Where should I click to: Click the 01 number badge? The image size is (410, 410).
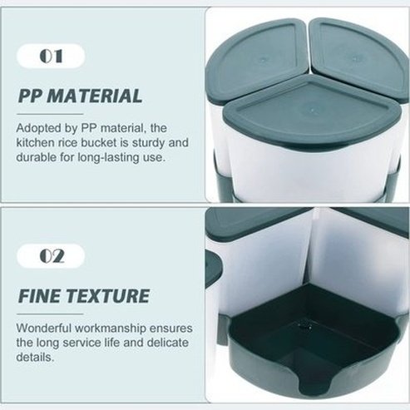51,56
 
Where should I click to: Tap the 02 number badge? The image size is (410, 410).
51,256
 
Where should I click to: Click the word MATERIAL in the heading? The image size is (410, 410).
96,96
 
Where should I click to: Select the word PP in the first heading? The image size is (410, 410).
32,96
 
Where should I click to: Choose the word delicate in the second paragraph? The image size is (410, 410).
168,343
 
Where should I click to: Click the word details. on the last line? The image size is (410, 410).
34,357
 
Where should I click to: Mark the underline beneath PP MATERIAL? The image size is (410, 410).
50,114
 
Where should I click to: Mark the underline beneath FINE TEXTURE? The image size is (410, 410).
50,314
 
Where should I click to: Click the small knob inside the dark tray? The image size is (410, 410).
304,324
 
